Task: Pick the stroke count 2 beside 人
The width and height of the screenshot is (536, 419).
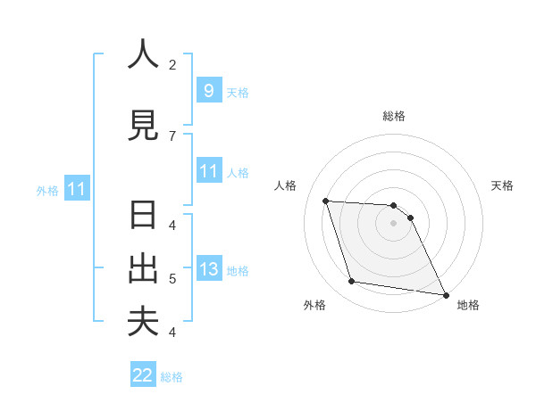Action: tap(172, 64)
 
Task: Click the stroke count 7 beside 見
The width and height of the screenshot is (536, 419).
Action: tap(172, 136)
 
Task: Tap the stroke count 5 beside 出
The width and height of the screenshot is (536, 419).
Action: tap(172, 279)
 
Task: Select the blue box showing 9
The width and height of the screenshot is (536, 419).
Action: tap(208, 90)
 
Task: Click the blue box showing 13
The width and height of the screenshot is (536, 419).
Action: tap(208, 269)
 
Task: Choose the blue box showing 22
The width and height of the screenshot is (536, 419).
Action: tap(143, 375)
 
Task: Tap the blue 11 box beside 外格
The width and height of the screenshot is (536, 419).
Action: tap(77, 189)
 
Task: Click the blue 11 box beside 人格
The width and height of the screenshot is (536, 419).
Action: tap(208, 171)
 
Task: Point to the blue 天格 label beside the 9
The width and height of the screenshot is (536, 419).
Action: tap(237, 92)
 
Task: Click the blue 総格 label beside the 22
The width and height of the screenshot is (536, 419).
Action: tap(172, 377)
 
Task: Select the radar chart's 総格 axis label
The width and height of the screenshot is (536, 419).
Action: tap(393, 116)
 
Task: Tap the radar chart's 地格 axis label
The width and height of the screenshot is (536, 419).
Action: tap(468, 305)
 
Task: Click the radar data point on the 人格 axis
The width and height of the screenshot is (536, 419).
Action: tap(325, 201)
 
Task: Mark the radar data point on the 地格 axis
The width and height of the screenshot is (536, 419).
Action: tap(445, 294)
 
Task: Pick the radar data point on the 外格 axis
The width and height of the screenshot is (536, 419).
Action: tap(352, 282)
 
